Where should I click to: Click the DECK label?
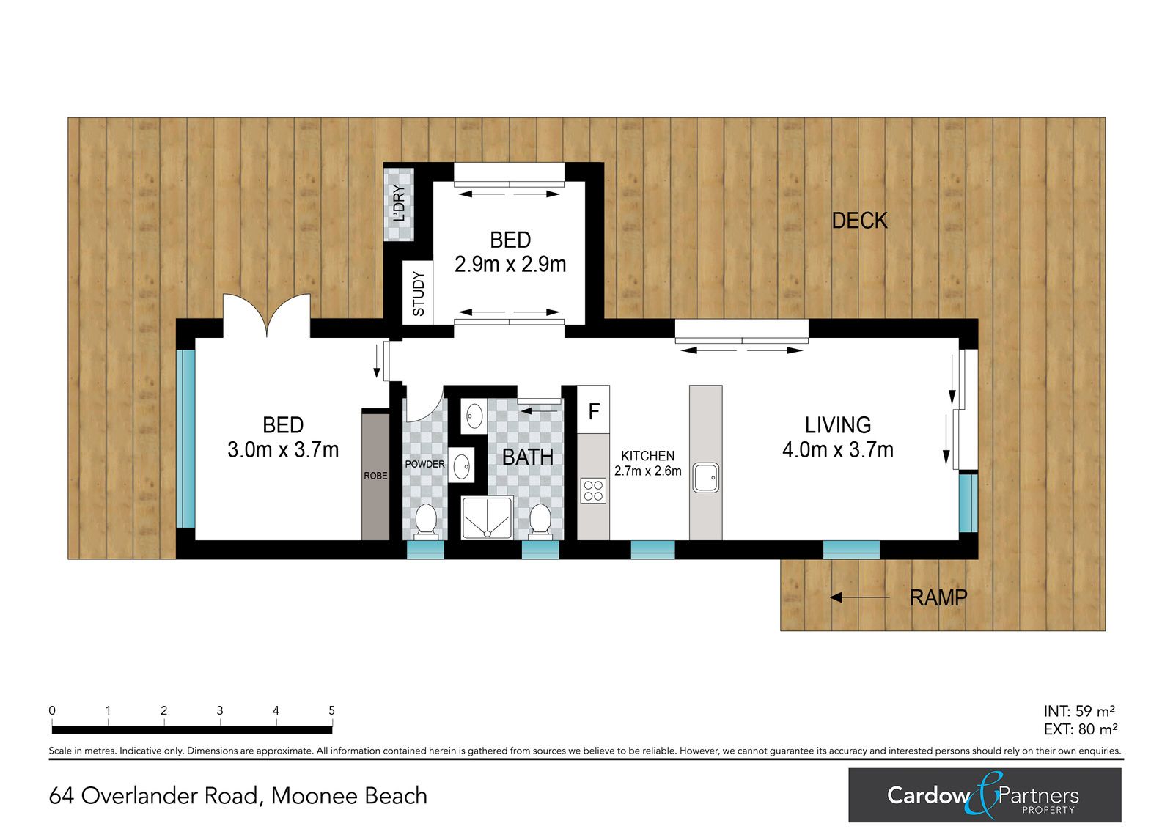click(859, 221)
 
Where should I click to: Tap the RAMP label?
click(938, 597)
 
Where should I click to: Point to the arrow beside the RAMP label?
click(859, 597)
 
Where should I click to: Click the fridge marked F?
click(593, 410)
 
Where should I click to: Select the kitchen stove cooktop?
click(593, 490)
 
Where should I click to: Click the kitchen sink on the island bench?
click(705, 478)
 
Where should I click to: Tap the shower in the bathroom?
click(487, 517)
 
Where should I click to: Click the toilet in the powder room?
click(425, 522)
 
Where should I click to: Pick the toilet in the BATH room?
click(540, 522)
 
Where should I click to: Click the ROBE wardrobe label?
click(375, 476)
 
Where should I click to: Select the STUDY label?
click(419, 293)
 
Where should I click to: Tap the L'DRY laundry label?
click(399, 204)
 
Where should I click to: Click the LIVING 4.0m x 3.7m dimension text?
click(838, 450)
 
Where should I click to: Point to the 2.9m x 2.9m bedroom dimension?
click(510, 265)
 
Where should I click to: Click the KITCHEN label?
click(648, 456)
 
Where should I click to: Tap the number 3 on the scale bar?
click(220, 711)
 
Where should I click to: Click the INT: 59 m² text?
click(1079, 711)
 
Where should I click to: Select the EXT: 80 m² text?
click(1081, 729)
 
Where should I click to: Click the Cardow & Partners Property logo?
click(985, 795)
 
